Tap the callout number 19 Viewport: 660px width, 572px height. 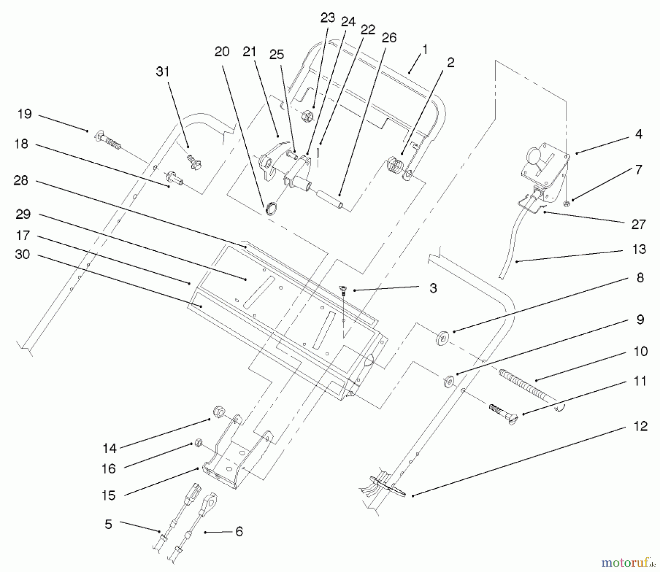[x=25, y=114]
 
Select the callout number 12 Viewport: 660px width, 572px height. [x=640, y=426]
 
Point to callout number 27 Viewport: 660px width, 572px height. [x=638, y=224]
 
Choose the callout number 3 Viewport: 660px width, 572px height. [x=433, y=288]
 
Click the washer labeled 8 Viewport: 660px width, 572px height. [x=443, y=338]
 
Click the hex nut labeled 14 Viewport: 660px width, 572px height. [x=219, y=412]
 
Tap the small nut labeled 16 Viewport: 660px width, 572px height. [x=198, y=443]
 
